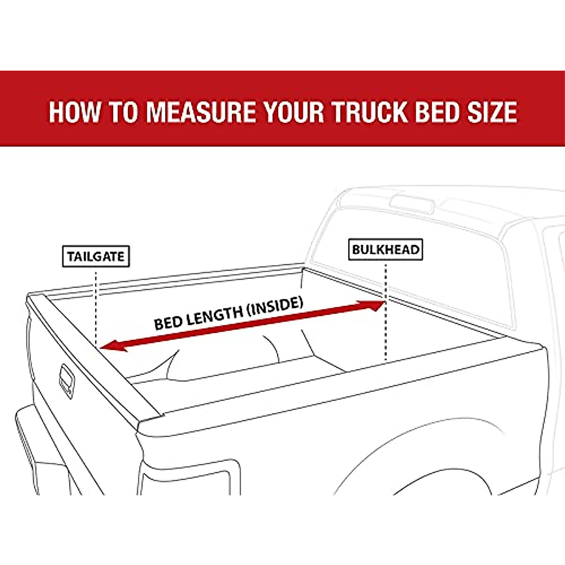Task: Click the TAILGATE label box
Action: pyautogui.click(x=96, y=257)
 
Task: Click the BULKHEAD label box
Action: pyautogui.click(x=386, y=250)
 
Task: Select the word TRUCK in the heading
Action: pyautogui.click(x=369, y=112)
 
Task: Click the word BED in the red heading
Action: pyautogui.click(x=433, y=112)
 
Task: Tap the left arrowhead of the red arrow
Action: pyautogui.click(x=111, y=347)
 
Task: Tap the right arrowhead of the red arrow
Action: pyautogui.click(x=376, y=306)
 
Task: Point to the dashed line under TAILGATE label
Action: pyautogui.click(x=96, y=306)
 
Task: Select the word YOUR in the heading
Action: pyautogui.click(x=294, y=112)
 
